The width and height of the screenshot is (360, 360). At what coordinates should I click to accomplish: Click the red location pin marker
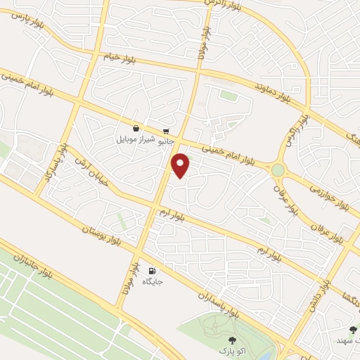181,165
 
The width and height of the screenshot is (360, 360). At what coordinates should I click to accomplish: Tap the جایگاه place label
153,282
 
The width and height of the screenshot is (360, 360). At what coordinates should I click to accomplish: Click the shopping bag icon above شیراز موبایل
135,129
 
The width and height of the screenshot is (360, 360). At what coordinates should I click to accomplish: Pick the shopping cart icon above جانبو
166,131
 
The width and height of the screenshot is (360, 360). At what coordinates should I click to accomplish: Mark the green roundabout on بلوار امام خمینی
278,169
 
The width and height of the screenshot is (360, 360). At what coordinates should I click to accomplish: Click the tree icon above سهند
353,329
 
